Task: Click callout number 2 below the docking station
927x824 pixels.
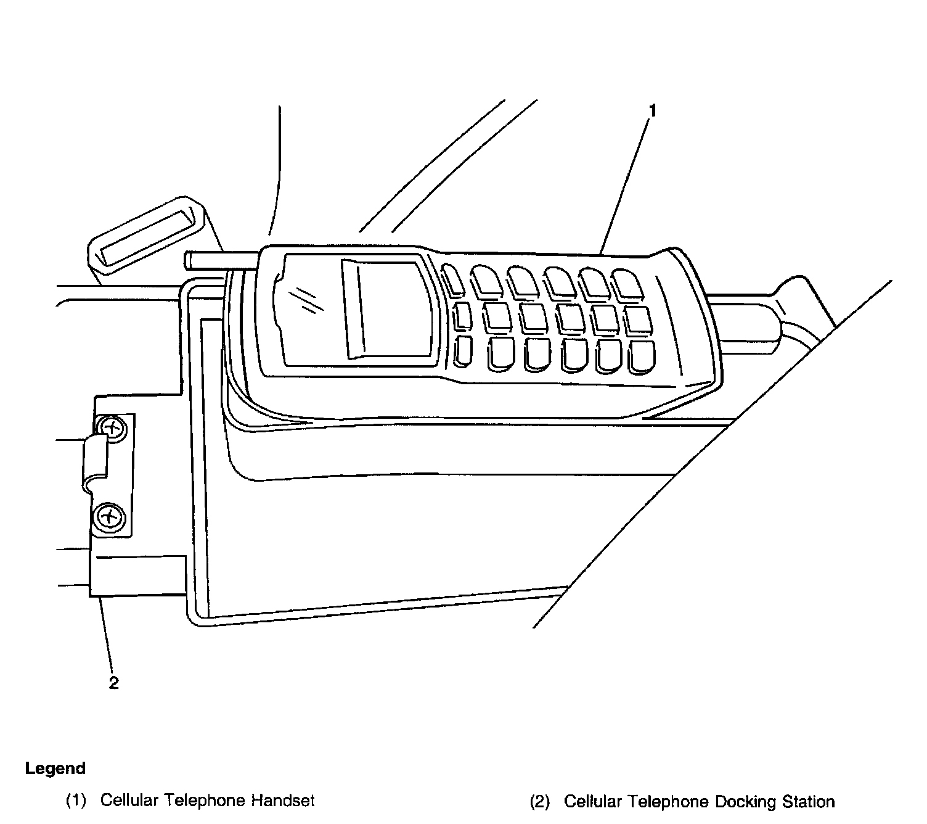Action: (113, 683)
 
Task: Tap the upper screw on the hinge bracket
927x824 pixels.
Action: (111, 426)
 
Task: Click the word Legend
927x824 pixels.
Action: (55, 768)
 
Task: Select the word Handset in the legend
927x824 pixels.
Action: (283, 801)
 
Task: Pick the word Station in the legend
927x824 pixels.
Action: (809, 802)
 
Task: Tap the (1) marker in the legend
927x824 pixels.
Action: (76, 801)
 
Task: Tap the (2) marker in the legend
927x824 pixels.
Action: (540, 802)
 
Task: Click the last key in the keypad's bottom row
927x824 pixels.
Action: (642, 358)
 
